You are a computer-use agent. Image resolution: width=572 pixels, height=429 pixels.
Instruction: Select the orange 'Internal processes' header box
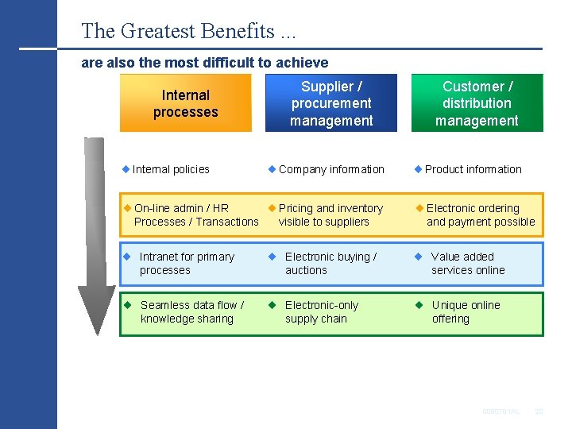pyautogui.click(x=185, y=103)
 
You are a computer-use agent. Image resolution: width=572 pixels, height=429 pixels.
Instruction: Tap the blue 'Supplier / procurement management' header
pyautogui.click(x=331, y=103)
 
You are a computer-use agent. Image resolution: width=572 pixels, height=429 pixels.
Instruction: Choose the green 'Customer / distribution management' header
pyautogui.click(x=477, y=103)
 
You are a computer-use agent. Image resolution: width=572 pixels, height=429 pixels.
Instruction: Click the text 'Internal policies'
pyautogui.click(x=171, y=169)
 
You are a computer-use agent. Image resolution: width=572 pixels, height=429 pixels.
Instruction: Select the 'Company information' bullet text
pyautogui.click(x=331, y=169)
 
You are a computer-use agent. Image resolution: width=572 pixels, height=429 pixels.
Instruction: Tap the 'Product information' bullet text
pyautogui.click(x=473, y=169)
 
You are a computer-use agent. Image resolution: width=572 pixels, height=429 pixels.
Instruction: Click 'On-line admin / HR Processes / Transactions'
pyautogui.click(x=196, y=215)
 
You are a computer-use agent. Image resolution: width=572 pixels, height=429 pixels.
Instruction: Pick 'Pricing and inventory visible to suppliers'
pyautogui.click(x=330, y=215)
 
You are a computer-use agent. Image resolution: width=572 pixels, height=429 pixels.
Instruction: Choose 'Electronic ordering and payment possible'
pyautogui.click(x=480, y=215)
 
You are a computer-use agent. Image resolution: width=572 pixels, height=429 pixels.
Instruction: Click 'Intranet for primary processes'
pyautogui.click(x=187, y=264)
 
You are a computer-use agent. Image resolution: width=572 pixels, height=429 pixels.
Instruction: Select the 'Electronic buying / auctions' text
pyautogui.click(x=330, y=264)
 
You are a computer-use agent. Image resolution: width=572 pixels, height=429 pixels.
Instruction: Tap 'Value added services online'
pyautogui.click(x=468, y=264)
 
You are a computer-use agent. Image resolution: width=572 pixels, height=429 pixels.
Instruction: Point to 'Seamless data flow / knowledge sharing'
pyautogui.click(x=191, y=312)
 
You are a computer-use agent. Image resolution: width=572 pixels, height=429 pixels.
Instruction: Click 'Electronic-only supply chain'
pyautogui.click(x=321, y=312)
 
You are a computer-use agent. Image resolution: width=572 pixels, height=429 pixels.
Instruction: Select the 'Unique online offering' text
pyautogui.click(x=466, y=312)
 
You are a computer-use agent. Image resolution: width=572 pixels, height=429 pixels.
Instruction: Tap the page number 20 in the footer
pyautogui.click(x=538, y=411)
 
